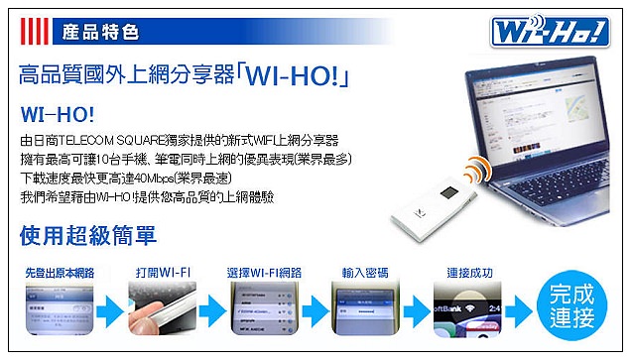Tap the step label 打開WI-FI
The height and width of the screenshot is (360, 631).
click(x=161, y=272)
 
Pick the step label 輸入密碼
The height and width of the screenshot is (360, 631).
click(x=366, y=272)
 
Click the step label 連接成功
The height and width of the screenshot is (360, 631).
click(x=469, y=272)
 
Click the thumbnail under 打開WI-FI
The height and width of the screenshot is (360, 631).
click(x=161, y=309)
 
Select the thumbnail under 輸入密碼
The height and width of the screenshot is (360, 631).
click(x=366, y=309)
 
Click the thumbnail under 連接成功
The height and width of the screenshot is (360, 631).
click(x=469, y=309)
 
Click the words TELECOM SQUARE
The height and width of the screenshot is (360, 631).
click(x=119, y=139)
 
